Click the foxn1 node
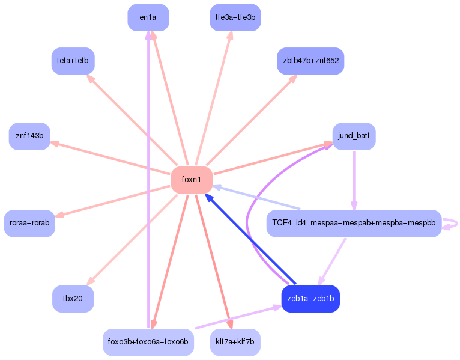tap(192, 180)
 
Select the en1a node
tap(148, 17)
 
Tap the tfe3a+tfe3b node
tap(235, 17)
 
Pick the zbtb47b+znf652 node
tap(310, 61)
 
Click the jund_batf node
tap(354, 136)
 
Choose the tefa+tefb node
tap(73, 61)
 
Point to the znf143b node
tap(29, 136)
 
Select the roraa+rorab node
tap(29, 224)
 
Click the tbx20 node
tap(73, 299)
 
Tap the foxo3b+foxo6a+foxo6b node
tap(148, 342)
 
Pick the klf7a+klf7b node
tap(235, 342)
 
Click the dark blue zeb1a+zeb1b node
tap(310, 299)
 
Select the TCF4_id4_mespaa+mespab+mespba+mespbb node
tap(354, 224)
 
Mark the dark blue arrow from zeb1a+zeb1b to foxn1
tap(249, 239)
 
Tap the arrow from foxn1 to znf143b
tap(111, 158)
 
